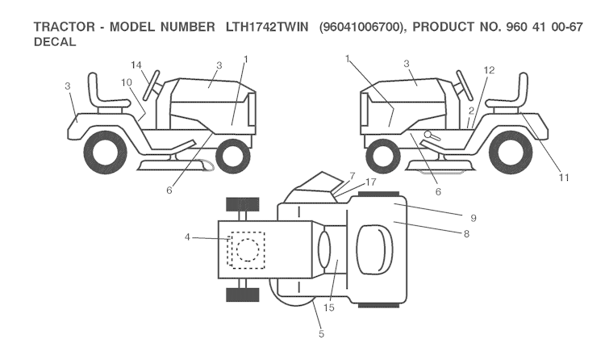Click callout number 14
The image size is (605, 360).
pyautogui.click(x=136, y=65)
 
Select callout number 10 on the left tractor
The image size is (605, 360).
pyautogui.click(x=126, y=82)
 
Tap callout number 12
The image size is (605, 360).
pyautogui.click(x=488, y=70)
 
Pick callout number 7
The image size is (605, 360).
pyautogui.click(x=352, y=175)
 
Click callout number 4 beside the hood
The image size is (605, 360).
pyautogui.click(x=187, y=237)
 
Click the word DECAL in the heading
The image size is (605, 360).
pyautogui.click(x=55, y=43)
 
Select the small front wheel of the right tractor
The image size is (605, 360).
pyautogui.click(x=384, y=155)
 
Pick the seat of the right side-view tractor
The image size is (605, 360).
pyautogui.click(x=507, y=96)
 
